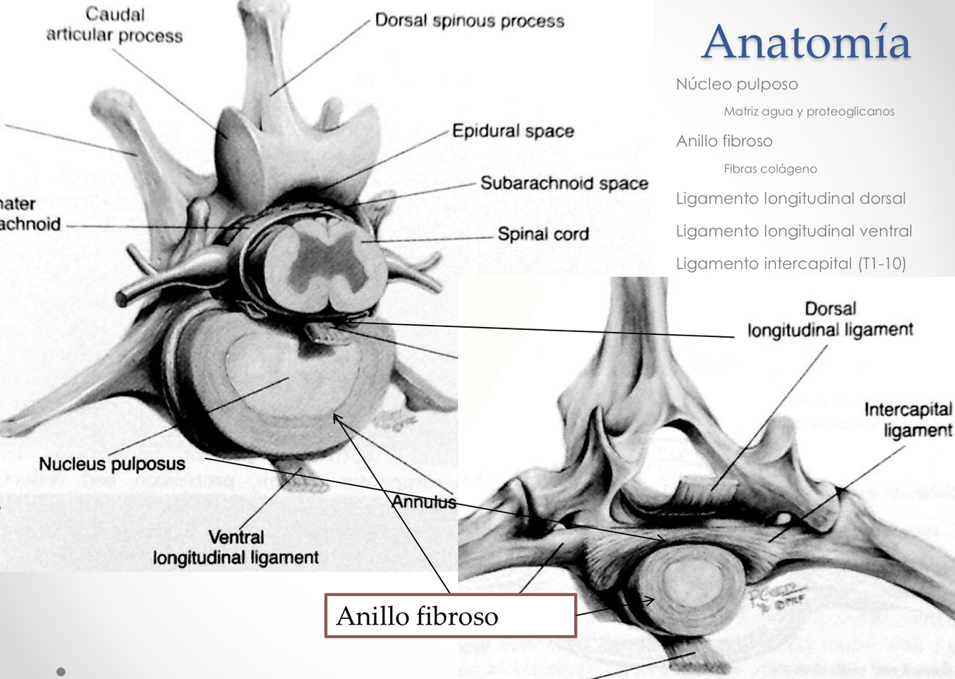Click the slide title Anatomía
(x=805, y=42)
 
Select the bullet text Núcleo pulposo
(x=737, y=84)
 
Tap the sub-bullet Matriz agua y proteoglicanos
(x=808, y=112)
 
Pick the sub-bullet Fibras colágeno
(x=770, y=169)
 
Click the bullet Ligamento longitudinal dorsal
(x=790, y=198)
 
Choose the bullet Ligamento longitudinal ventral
(x=793, y=231)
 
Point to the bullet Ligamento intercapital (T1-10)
(x=790, y=263)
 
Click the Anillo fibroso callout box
(x=450, y=615)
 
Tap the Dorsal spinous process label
(x=470, y=21)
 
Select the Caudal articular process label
(x=115, y=25)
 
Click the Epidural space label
(x=513, y=131)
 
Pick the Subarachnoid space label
(x=563, y=183)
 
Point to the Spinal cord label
(x=543, y=234)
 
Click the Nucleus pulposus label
(x=112, y=464)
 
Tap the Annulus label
(x=424, y=502)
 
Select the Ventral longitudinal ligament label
(x=236, y=547)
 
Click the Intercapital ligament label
(x=908, y=420)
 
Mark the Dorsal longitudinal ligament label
(x=830, y=319)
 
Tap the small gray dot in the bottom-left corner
(x=61, y=671)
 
